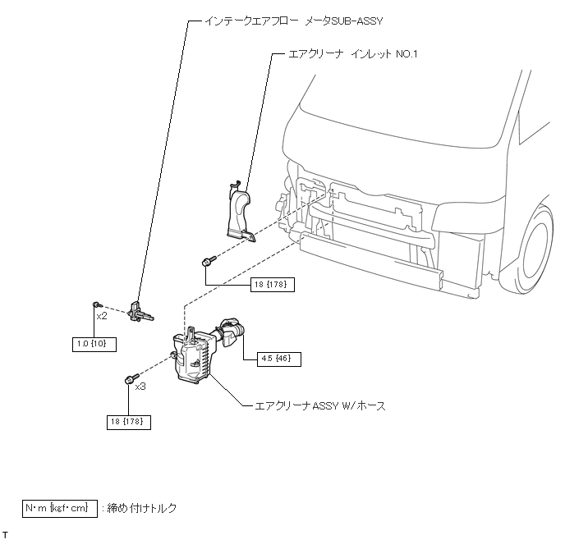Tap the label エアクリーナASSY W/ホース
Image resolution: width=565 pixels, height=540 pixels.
pyautogui.click(x=320, y=405)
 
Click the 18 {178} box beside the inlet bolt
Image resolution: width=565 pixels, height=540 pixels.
pyautogui.click(x=272, y=284)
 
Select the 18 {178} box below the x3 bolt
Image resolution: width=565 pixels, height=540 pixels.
pyautogui.click(x=129, y=422)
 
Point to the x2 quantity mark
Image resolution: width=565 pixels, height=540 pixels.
pyautogui.click(x=102, y=315)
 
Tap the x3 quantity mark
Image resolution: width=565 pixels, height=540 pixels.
pyautogui.click(x=140, y=386)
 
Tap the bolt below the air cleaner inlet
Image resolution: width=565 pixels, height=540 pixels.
pyautogui.click(x=206, y=262)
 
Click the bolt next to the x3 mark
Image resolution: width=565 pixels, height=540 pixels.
pyautogui.click(x=129, y=379)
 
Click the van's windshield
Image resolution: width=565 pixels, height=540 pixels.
pyautogui.click(x=411, y=98)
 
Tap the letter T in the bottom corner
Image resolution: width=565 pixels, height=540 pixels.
pyautogui.click(x=5, y=534)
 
